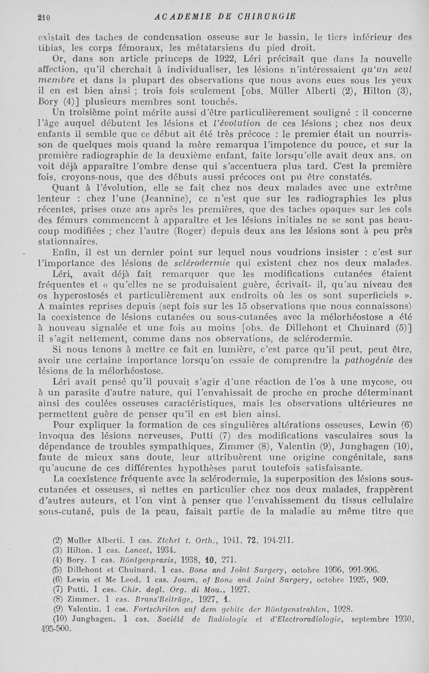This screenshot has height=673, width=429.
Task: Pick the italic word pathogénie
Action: point(378,360)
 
